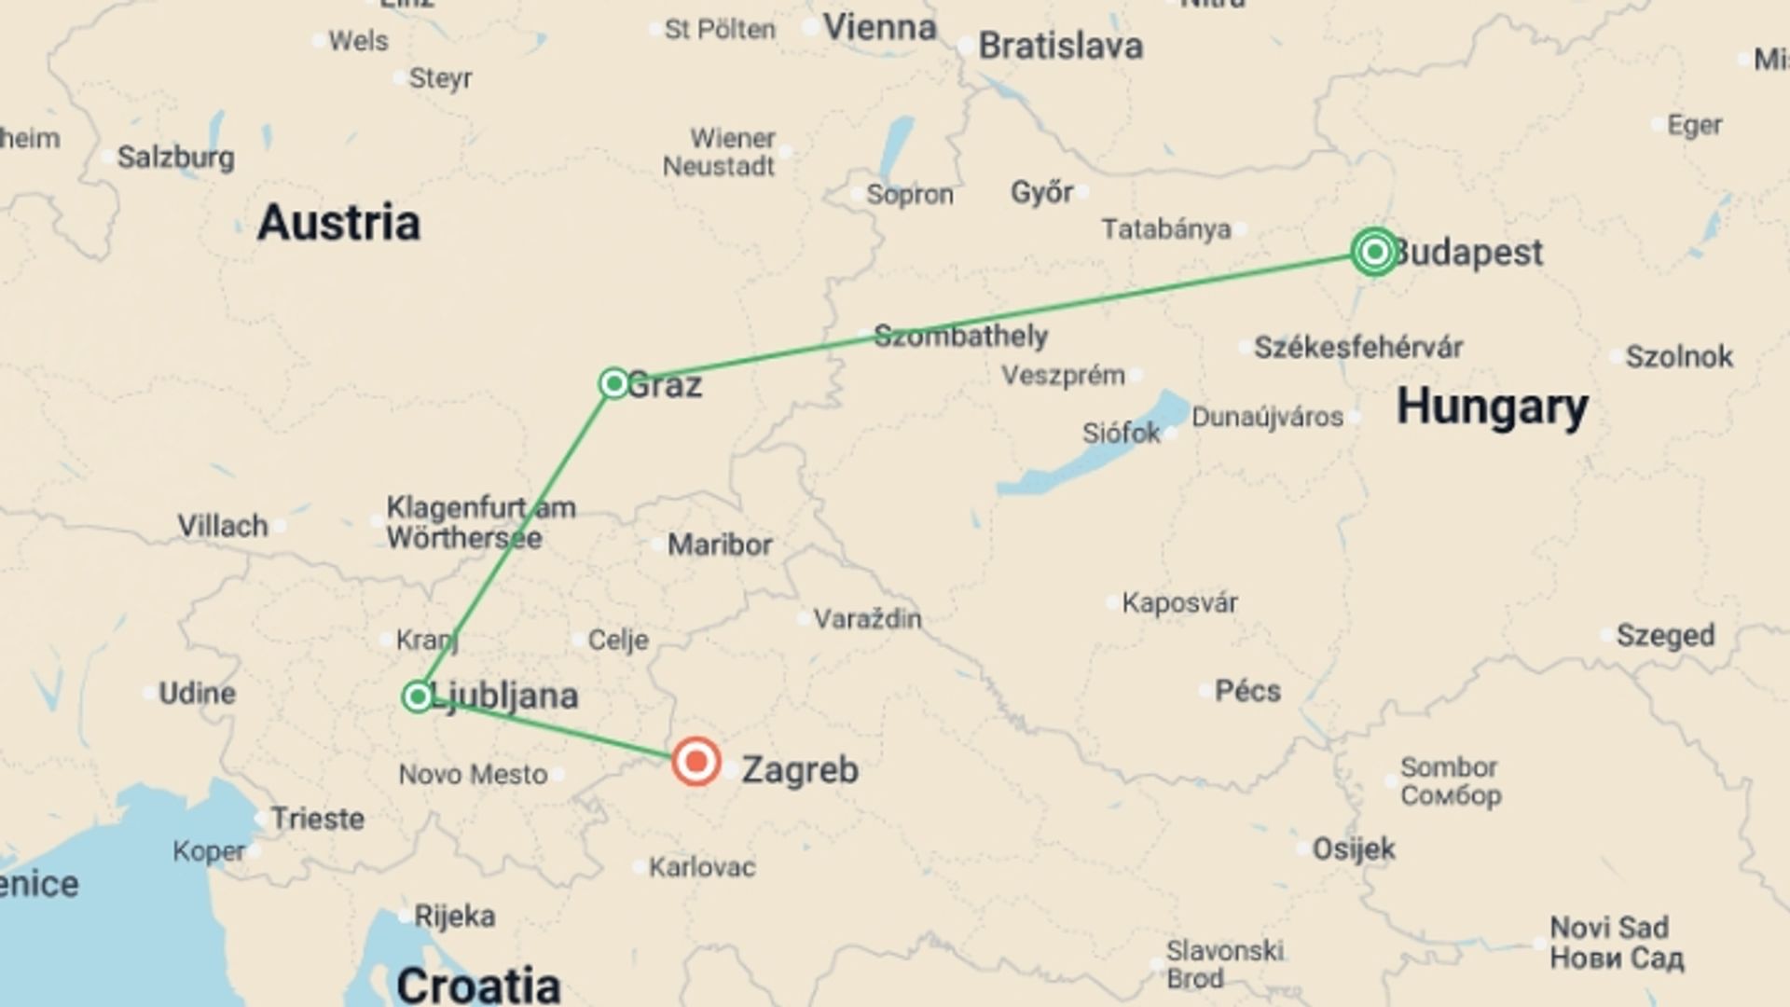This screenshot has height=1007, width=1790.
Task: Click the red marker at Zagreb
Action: point(695,762)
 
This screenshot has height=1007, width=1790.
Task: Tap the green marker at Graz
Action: point(613,383)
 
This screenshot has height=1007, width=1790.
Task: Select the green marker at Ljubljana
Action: point(418,697)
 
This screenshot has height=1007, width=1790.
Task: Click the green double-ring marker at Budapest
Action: point(1374,252)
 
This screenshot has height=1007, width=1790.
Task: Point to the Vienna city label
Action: point(879,27)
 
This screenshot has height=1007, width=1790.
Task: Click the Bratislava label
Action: point(1060,46)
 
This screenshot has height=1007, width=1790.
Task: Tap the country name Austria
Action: point(338,223)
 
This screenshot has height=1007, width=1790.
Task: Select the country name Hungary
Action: point(1492,407)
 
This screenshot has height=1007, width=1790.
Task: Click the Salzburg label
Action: point(175,157)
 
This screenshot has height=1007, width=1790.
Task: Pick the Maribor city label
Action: point(720,545)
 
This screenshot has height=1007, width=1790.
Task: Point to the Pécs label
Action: point(1247,691)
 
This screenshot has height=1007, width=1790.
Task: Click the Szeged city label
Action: point(1665,636)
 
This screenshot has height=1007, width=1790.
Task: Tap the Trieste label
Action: point(317,819)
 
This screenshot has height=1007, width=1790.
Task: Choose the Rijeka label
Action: point(454,916)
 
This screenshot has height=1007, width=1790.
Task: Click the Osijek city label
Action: point(1354,848)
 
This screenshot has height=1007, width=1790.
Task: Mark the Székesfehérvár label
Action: point(1357,348)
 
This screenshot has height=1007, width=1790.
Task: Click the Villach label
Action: point(223,526)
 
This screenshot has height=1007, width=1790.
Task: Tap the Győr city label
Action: point(1041,193)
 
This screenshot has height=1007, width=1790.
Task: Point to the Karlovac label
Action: point(702,867)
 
